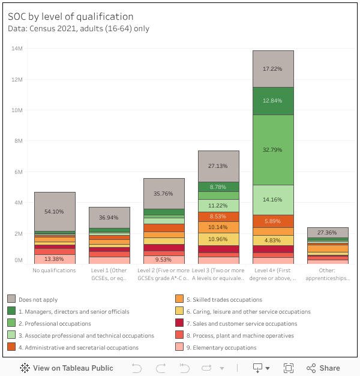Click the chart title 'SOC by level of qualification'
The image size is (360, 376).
click(70, 17)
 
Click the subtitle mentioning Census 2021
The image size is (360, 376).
click(79, 28)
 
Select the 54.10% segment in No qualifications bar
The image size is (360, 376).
click(54, 212)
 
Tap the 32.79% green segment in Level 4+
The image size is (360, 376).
click(273, 149)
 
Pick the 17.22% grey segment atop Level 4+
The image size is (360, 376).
click(273, 69)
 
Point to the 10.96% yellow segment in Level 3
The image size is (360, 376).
click(218, 239)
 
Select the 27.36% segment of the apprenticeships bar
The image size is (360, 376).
click(328, 232)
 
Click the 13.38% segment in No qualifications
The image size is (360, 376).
click(54, 259)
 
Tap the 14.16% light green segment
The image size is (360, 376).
click(273, 200)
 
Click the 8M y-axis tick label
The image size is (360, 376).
click(18, 141)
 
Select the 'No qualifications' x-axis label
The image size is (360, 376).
click(54, 270)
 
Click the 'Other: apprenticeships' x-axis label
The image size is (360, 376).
click(328, 274)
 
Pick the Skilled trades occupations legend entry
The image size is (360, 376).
click(224, 299)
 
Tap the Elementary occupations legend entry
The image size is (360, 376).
click(221, 347)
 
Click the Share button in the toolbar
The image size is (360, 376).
click(323, 368)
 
